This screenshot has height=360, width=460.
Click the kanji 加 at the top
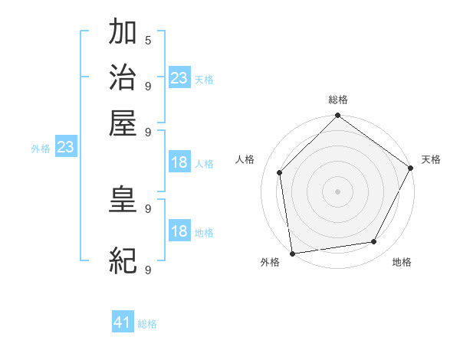point(123,33)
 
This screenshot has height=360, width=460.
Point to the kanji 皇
point(123,200)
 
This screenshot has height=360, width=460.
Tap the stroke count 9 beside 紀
point(147,270)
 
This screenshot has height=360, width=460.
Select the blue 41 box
point(123,322)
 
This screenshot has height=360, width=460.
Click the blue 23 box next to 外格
point(65,148)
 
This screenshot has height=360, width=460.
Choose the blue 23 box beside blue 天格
point(179,78)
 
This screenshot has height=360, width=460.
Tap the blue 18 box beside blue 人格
point(179,162)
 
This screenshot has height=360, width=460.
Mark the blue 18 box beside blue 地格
point(179,231)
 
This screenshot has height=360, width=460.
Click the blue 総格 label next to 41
point(147,324)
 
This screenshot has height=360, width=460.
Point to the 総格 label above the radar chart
point(337,100)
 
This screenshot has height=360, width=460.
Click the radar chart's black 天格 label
point(431,159)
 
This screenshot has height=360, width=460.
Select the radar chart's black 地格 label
point(402,262)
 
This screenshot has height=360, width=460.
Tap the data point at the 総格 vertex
point(337,116)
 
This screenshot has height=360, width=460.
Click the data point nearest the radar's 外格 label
point(292,253)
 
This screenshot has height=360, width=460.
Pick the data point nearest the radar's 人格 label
point(280,172)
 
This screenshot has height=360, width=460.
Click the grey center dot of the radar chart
point(337,191)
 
